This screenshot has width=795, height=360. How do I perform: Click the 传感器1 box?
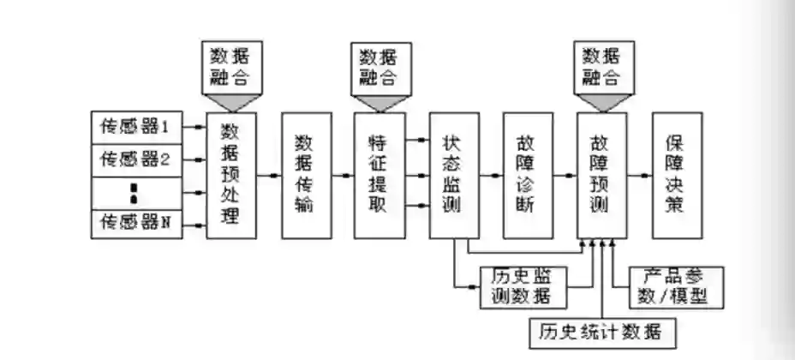[x=136, y=128]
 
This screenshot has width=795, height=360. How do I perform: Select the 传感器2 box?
[x=136, y=159]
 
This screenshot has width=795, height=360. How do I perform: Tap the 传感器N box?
[x=136, y=224]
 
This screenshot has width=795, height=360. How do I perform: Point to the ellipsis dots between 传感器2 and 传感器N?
[x=134, y=192]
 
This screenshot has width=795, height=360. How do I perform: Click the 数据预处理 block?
[x=232, y=175]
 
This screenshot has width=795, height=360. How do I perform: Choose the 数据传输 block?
[x=307, y=175]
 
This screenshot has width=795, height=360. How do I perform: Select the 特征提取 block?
[x=380, y=175]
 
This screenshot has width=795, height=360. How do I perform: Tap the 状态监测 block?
[x=453, y=175]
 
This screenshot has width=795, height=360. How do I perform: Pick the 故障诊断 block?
[x=527, y=175]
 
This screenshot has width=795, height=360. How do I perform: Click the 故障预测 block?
[x=601, y=175]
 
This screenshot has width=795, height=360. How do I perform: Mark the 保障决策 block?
[x=677, y=175]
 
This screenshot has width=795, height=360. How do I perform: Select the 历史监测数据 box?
[x=523, y=287]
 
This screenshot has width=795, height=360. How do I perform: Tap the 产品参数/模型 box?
[x=676, y=287]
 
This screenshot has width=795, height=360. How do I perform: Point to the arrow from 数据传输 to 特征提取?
[x=343, y=176]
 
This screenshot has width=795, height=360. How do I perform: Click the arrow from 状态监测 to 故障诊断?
[x=490, y=176]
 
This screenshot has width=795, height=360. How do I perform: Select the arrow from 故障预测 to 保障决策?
[x=639, y=176]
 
